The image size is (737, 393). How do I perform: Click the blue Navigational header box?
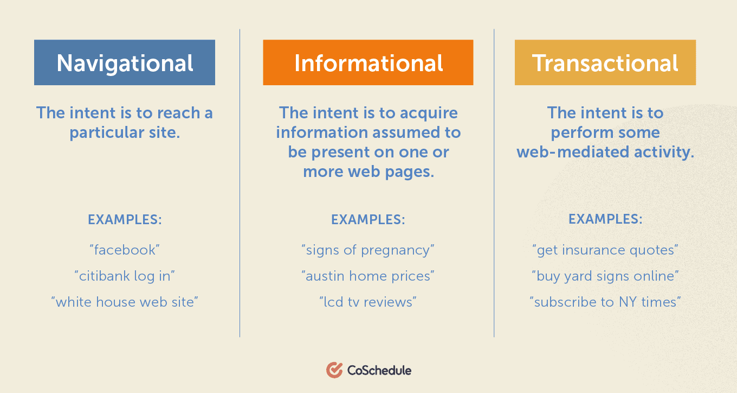point(125,62)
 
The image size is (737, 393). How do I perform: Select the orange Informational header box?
point(368,62)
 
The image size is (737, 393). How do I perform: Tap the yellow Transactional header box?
point(605,62)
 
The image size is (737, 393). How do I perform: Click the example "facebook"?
point(125,250)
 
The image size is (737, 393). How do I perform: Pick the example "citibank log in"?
point(125,276)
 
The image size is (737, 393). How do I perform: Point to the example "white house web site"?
point(125,302)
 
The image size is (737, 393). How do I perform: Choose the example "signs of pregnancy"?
point(368,250)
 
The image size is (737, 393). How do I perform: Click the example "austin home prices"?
point(368,276)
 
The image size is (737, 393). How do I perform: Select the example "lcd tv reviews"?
point(368,302)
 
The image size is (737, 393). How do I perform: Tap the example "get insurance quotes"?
point(605,250)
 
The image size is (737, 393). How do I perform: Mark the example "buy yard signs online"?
point(605,276)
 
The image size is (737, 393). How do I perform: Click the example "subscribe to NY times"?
point(605,302)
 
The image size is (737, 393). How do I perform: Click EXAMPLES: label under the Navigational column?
point(125,220)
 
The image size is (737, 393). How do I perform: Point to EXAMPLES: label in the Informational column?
point(368,220)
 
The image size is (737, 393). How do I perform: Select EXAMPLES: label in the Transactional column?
point(605,219)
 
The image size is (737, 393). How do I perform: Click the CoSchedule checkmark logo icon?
point(334,370)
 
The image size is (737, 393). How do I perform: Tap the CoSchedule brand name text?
point(379,370)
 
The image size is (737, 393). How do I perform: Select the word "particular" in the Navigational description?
point(107,133)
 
